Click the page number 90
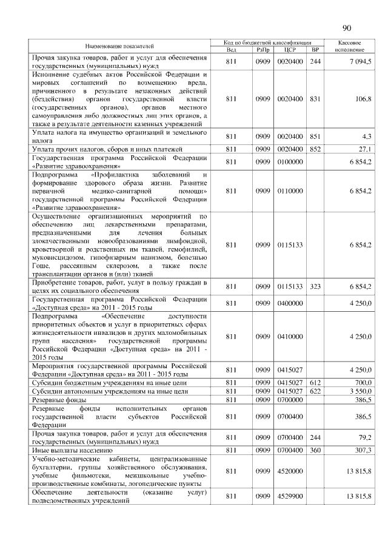(x=347, y=28)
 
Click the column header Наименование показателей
(x=119, y=46)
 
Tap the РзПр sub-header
(x=262, y=49)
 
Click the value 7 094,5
(x=360, y=62)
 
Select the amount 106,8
(x=363, y=98)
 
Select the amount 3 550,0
(x=360, y=391)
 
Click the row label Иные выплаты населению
(x=72, y=450)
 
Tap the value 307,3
(x=363, y=450)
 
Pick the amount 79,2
(x=364, y=437)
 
